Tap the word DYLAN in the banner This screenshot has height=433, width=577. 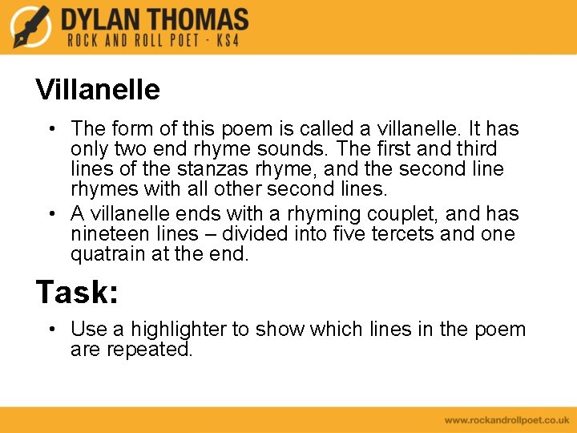click(104, 19)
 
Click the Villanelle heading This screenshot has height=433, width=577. click(98, 89)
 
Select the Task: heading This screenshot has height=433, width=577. click(77, 292)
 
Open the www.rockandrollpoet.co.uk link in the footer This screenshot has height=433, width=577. click(506, 420)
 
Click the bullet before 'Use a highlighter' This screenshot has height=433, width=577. click(50, 330)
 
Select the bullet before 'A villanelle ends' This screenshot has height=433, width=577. click(50, 214)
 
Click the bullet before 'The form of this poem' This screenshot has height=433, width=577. click(50, 129)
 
